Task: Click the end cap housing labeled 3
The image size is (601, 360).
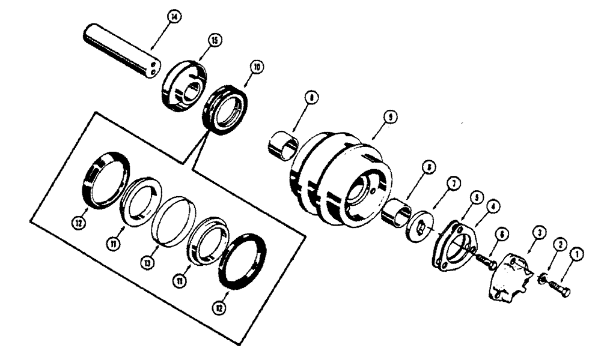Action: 508,277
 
